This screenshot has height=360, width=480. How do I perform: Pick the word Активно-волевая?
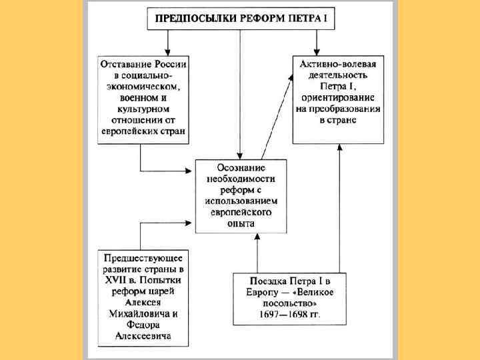tap(339, 63)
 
